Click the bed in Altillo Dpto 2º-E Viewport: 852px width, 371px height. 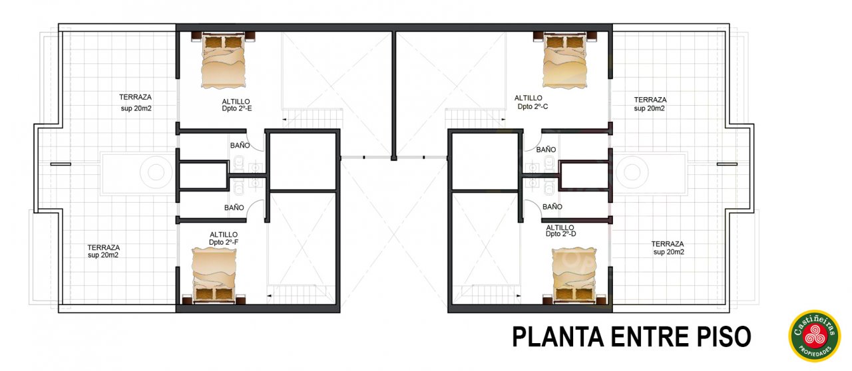click(x=223, y=61)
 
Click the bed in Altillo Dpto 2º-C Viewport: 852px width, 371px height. click(x=565, y=61)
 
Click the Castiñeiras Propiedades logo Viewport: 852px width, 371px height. click(x=814, y=336)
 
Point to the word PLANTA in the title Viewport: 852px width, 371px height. click(x=558, y=337)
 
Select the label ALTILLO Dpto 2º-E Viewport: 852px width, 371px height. click(x=236, y=105)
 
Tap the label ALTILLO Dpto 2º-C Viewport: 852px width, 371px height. click(x=531, y=102)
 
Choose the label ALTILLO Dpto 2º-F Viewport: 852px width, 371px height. click(x=224, y=238)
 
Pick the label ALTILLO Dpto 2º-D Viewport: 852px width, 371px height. click(x=560, y=230)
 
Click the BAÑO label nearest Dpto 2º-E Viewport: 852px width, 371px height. click(x=240, y=146)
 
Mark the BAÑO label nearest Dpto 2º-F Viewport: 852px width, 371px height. click(x=234, y=208)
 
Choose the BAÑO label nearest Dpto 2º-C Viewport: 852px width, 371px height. click(x=546, y=150)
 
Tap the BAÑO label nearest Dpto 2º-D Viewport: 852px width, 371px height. click(x=552, y=207)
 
